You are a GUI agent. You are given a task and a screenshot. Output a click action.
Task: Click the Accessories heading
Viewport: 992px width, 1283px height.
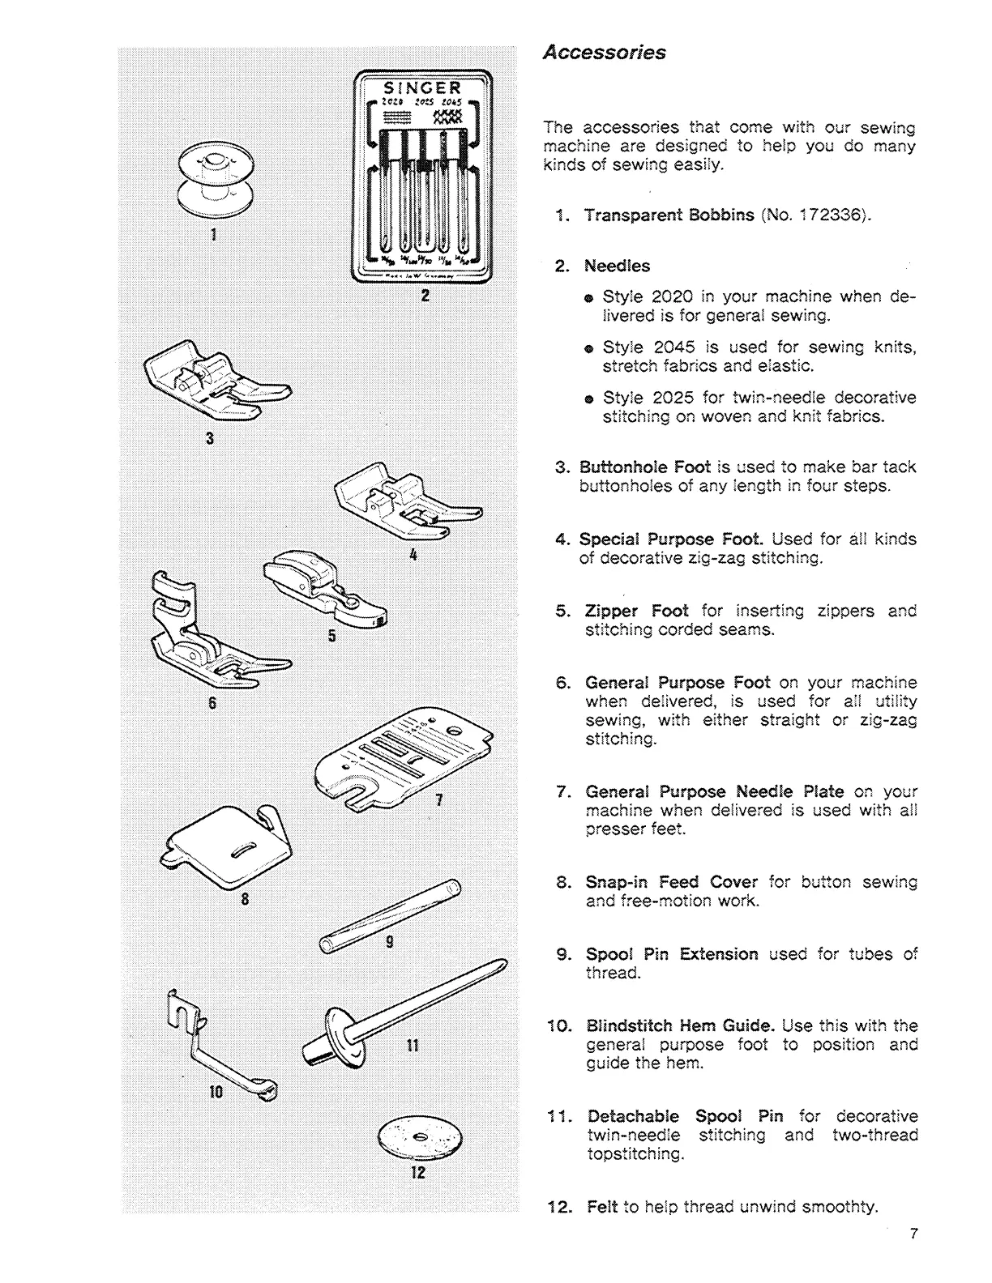tap(604, 53)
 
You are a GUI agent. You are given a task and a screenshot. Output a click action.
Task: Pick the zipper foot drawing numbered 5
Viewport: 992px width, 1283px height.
tap(323, 585)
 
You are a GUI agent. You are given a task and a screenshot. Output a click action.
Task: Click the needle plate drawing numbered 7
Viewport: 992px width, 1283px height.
tap(403, 759)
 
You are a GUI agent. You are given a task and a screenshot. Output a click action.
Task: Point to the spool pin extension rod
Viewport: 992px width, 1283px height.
tap(390, 915)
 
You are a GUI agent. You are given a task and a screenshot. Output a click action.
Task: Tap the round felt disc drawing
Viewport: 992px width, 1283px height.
tap(418, 1138)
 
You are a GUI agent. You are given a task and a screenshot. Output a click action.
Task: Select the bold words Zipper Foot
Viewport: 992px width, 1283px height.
tap(636, 611)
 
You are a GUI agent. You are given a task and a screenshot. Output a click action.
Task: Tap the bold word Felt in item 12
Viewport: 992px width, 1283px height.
tap(602, 1207)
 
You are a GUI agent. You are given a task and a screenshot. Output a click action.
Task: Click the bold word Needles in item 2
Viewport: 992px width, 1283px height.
tap(618, 266)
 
